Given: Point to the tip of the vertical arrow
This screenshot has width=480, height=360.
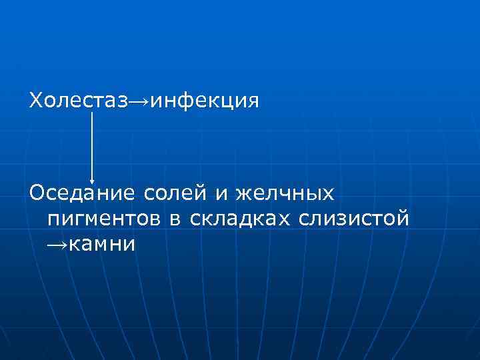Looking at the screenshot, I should tap(92, 181).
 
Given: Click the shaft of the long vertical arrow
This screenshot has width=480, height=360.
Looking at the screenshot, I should tap(92, 143).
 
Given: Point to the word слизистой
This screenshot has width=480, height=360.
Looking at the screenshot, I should tap(354, 219).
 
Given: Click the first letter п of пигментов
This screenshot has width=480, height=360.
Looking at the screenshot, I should tap(53, 219).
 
